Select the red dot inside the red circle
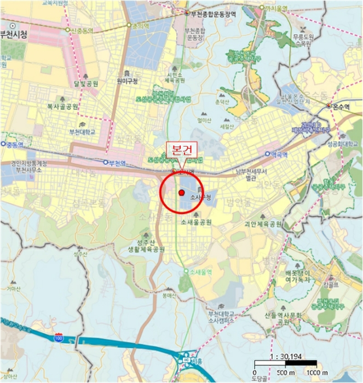(x=181, y=192)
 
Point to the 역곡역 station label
(x=279, y=154)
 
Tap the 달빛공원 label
(x=86, y=84)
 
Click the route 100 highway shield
(x=58, y=339)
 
